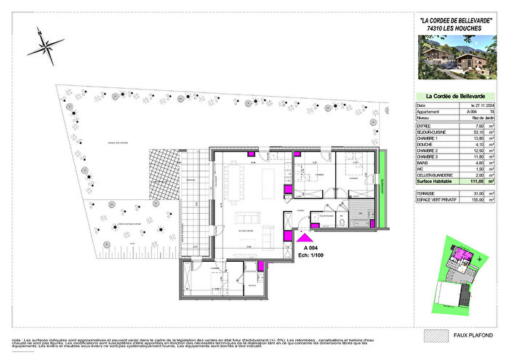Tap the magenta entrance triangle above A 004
[305, 236]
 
